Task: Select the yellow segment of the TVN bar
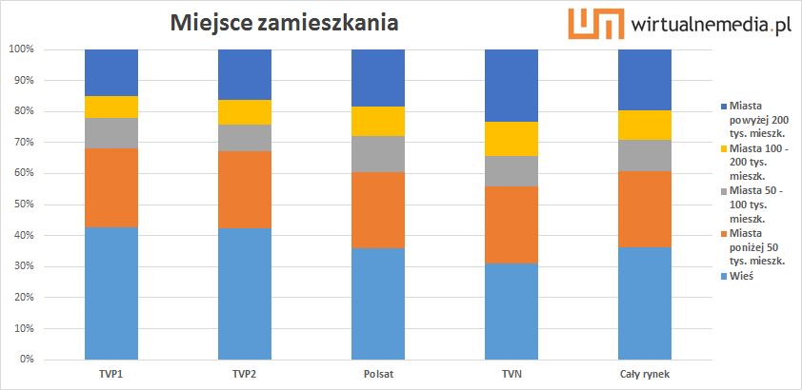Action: pyautogui.click(x=511, y=139)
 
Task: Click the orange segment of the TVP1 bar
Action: pyautogui.click(x=111, y=174)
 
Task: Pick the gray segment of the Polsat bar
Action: pyautogui.click(x=378, y=154)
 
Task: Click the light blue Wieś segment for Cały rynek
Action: pyautogui.click(x=645, y=303)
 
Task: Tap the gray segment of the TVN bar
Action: pyautogui.click(x=511, y=171)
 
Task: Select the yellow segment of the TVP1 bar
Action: pyautogui.click(x=111, y=107)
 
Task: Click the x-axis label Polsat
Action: pyautogui.click(x=378, y=374)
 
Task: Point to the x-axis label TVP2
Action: pyautogui.click(x=245, y=374)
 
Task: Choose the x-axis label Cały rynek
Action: pyautogui.click(x=645, y=374)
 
